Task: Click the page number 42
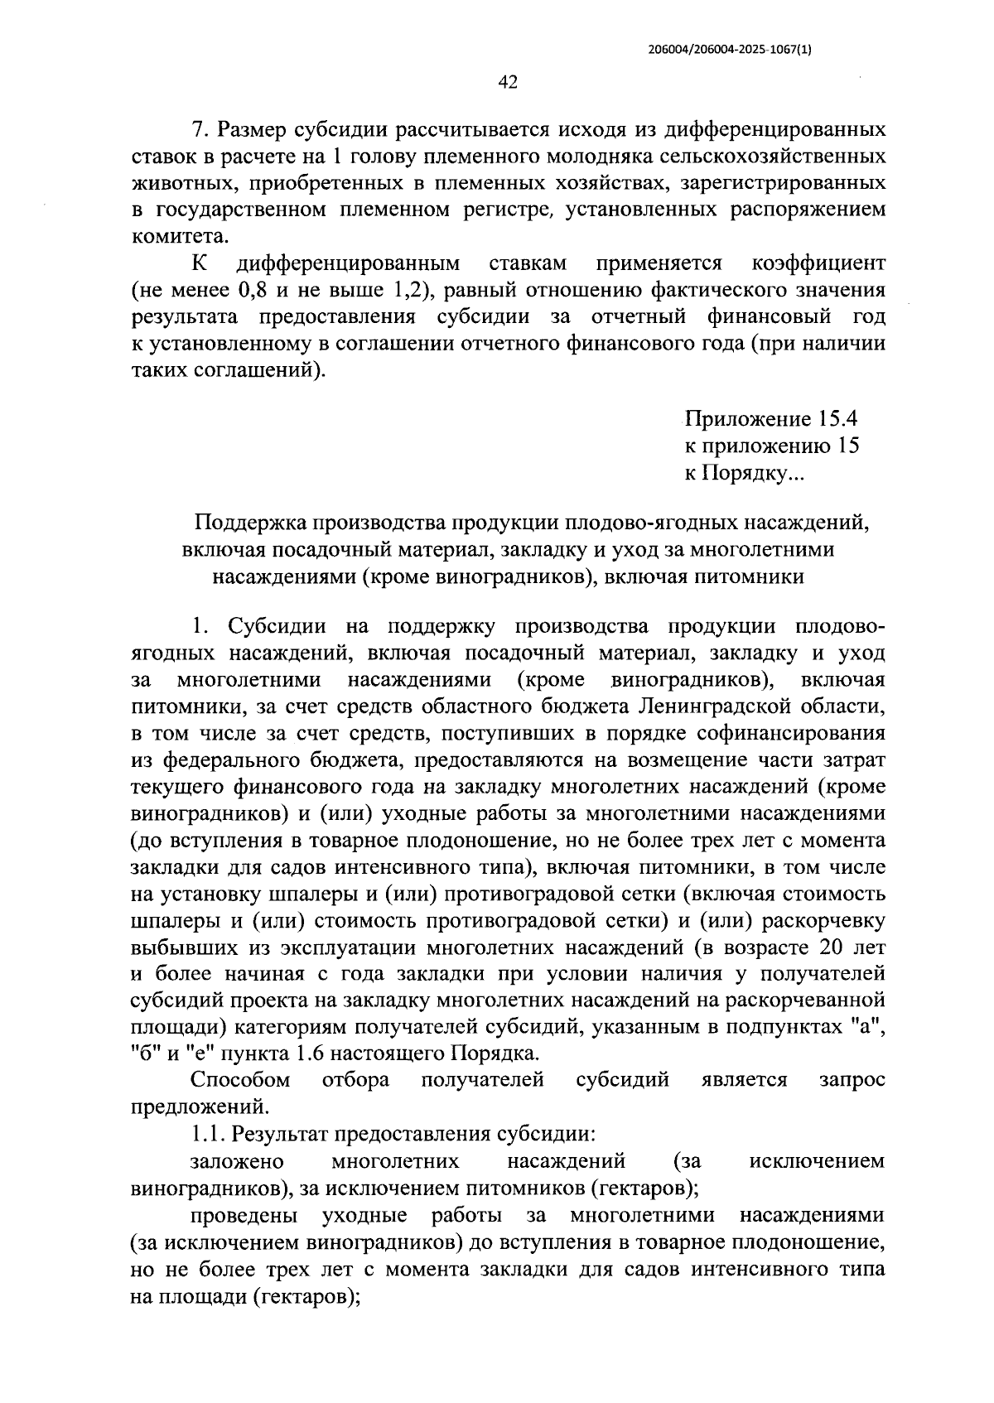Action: [x=508, y=81]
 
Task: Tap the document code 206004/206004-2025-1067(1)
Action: [x=730, y=49]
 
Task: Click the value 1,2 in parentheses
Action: [x=403, y=291]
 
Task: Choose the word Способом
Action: [x=240, y=1080]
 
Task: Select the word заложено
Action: [x=237, y=1160]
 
